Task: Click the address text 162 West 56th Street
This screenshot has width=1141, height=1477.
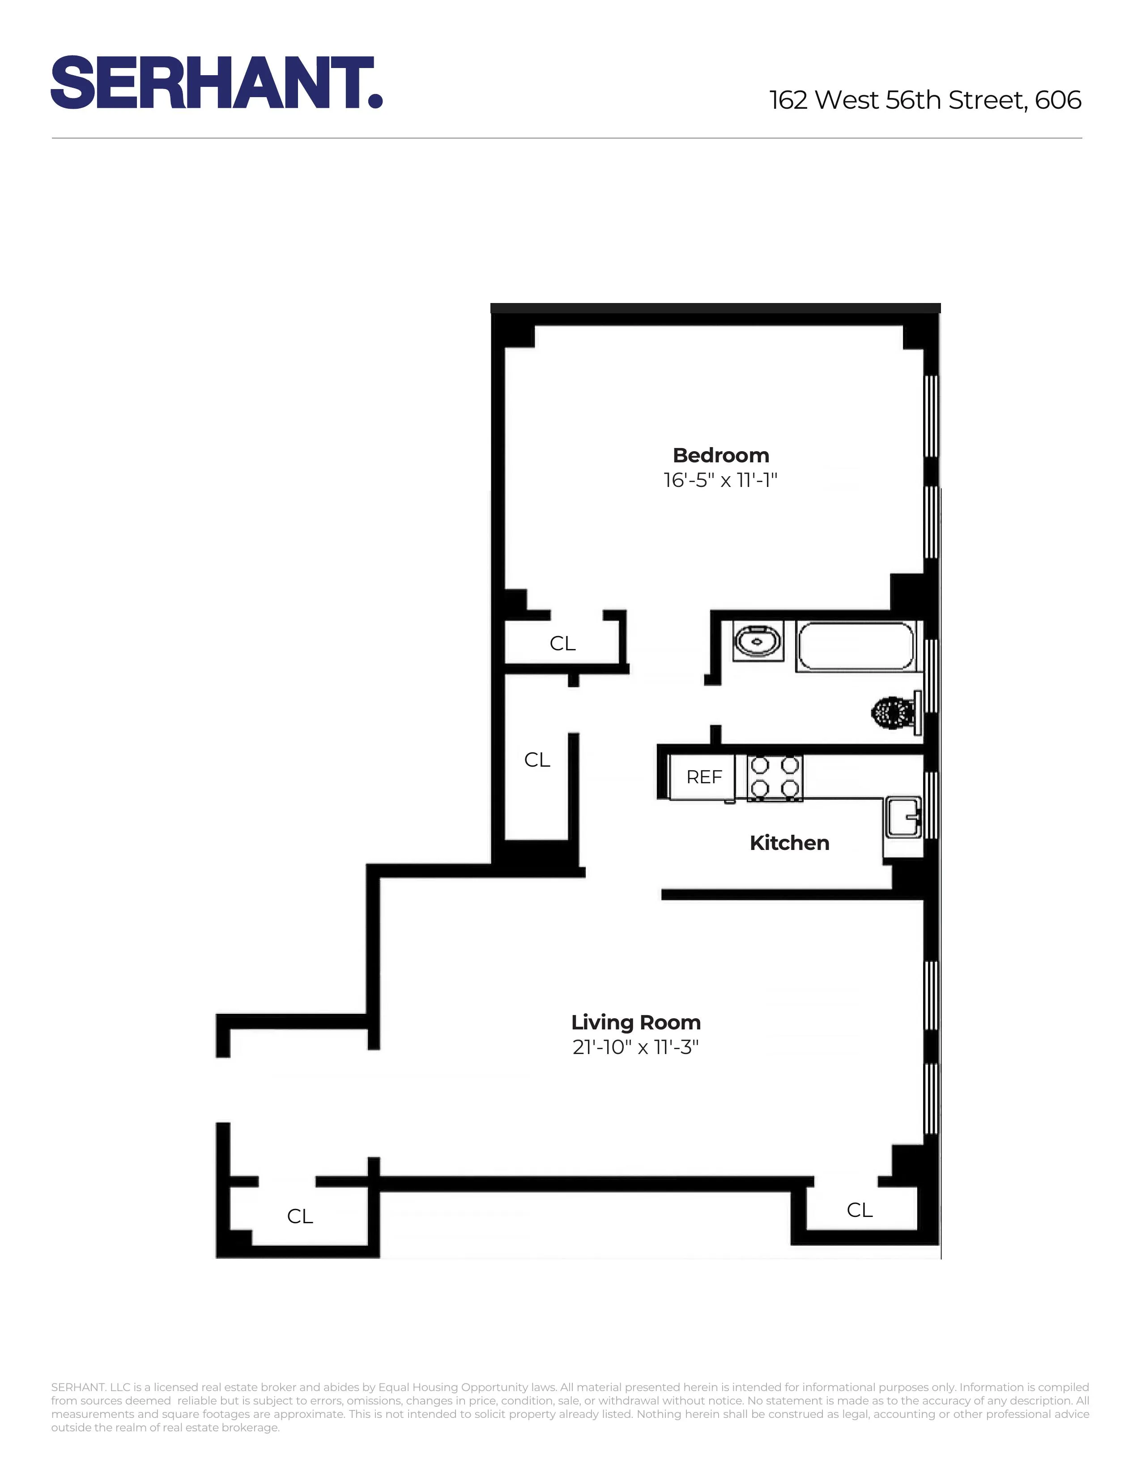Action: coord(899,100)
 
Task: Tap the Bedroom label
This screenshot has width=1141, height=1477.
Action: coord(720,455)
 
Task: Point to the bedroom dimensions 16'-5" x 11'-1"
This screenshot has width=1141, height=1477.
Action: coord(720,480)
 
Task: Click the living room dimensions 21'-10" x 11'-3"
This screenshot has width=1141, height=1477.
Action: coord(635,1047)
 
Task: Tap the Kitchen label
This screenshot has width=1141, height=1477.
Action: coord(789,843)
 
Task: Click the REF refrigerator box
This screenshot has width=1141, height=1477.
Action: coord(704,777)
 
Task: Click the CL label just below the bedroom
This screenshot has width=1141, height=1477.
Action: coord(562,643)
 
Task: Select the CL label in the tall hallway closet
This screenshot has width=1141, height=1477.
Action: coord(537,760)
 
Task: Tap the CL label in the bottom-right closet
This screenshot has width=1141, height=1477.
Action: coord(860,1210)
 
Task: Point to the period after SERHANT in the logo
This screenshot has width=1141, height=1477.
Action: coord(376,102)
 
